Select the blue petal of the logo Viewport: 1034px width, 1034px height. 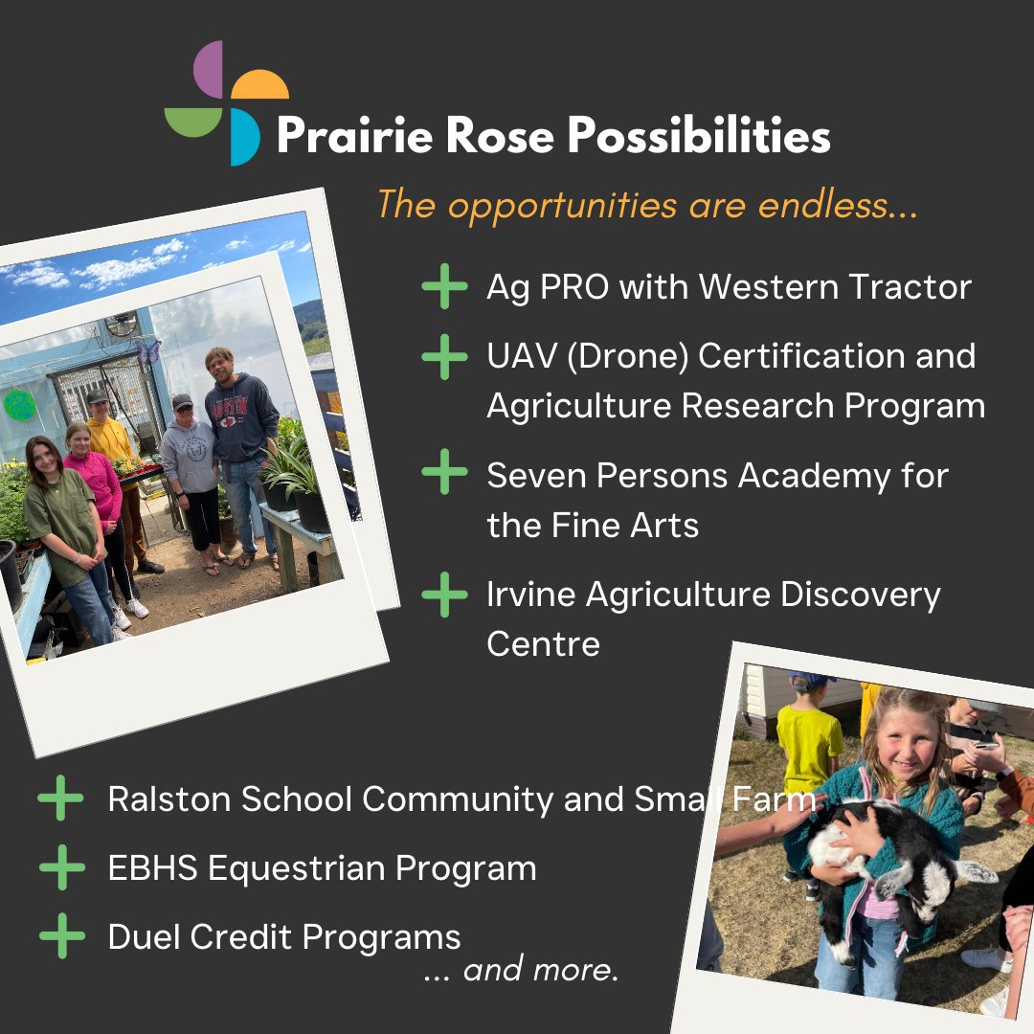245,137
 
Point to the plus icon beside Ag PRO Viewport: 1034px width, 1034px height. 444,286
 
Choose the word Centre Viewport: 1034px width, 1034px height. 543,643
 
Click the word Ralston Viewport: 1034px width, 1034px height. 169,799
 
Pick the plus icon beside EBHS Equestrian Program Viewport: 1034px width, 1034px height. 62,868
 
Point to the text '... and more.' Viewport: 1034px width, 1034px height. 522,970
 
